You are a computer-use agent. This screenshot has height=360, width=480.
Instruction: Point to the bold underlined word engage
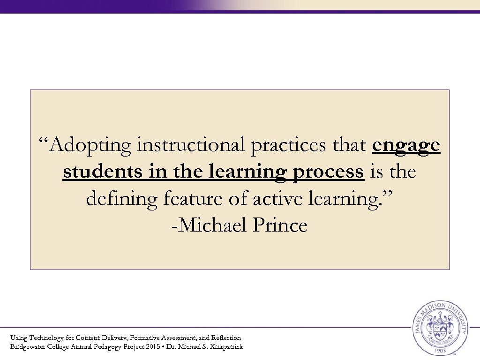click(x=406, y=146)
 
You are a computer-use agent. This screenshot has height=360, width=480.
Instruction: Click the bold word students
click(x=102, y=172)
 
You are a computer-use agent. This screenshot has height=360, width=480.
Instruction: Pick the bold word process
click(x=328, y=172)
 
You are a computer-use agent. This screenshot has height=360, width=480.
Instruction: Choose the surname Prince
click(x=280, y=225)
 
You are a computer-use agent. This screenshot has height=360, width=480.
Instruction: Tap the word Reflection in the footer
click(x=226, y=337)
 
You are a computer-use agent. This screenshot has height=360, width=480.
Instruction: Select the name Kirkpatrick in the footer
click(x=226, y=347)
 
